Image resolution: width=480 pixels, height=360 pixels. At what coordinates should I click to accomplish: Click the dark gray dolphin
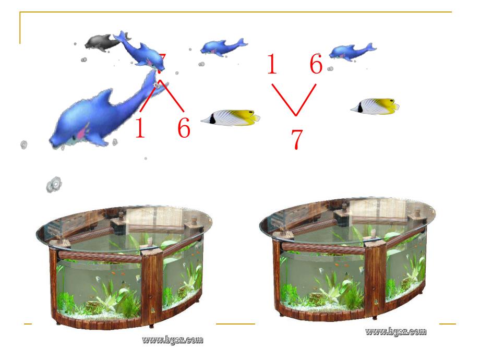pyautogui.click(x=100, y=42)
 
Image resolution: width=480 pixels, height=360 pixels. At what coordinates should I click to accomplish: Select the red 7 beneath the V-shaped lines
pyautogui.click(x=296, y=139)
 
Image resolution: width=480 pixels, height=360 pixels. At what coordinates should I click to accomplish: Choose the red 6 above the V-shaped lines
pyautogui.click(x=316, y=65)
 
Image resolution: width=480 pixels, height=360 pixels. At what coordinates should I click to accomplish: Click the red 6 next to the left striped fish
pyautogui.click(x=183, y=128)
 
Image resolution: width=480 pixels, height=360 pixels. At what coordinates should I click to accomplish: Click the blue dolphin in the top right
pyautogui.click(x=352, y=51)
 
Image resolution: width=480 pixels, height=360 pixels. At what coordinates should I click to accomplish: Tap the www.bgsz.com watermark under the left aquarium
pyautogui.click(x=172, y=340)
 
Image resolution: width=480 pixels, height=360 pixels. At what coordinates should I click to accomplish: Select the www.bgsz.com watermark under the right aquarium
pyautogui.click(x=395, y=331)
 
